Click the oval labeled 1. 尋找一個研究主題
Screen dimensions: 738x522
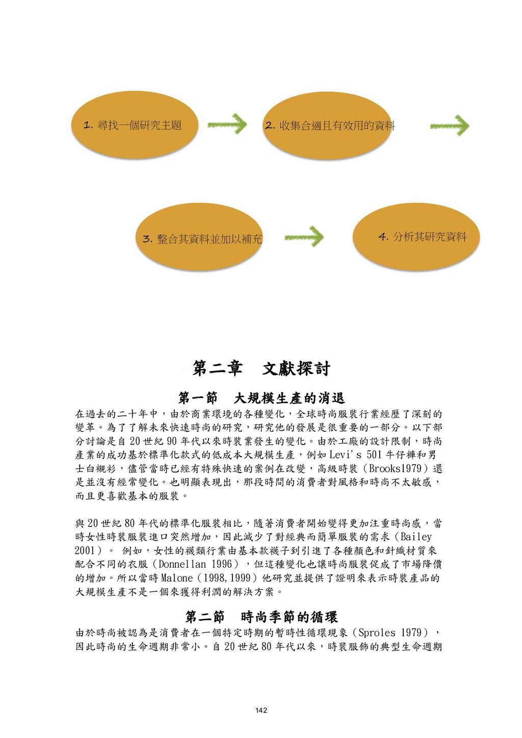[x=134, y=125]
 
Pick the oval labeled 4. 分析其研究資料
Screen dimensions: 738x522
[x=416, y=236]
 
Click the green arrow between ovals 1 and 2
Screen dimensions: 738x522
[x=227, y=125]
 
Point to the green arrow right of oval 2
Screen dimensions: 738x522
[x=450, y=126]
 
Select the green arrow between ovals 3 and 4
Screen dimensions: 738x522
[x=304, y=238]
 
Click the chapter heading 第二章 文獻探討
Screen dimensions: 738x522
[x=261, y=368]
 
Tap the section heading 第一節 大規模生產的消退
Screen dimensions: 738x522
[x=261, y=398]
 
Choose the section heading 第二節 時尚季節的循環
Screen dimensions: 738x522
[x=261, y=617]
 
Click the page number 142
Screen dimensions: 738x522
[x=261, y=710]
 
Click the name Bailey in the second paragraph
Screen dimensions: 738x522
[x=416, y=537]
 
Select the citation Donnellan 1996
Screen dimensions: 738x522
[x=196, y=564]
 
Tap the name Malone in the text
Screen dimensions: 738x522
[x=177, y=578]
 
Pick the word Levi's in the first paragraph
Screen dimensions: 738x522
[x=346, y=455]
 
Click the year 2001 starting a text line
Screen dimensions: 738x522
[x=85, y=550]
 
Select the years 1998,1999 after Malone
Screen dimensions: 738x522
[x=227, y=578]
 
